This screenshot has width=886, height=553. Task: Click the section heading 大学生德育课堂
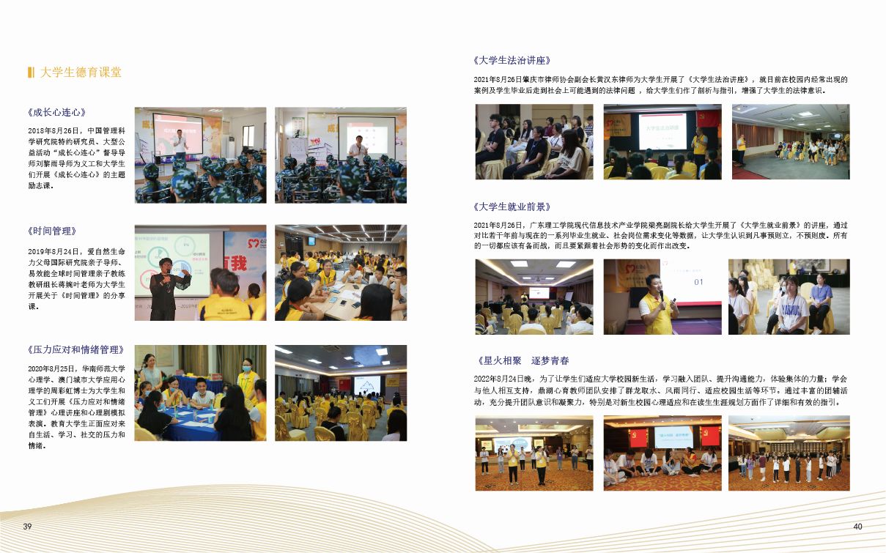81,73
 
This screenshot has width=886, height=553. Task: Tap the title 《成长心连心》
56,112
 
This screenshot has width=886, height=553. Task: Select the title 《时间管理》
51,231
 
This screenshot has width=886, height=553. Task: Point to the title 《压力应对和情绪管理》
76,349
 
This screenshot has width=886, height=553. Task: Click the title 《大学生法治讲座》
512,61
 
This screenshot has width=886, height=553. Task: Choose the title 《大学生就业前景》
512,207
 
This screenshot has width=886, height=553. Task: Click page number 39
27,526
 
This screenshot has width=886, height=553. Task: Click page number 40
857,526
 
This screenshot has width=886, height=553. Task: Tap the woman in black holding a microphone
166,289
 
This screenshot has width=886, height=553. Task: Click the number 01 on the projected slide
698,282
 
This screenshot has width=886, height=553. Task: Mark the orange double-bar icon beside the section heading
31,73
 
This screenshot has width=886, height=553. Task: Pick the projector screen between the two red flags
673,437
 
